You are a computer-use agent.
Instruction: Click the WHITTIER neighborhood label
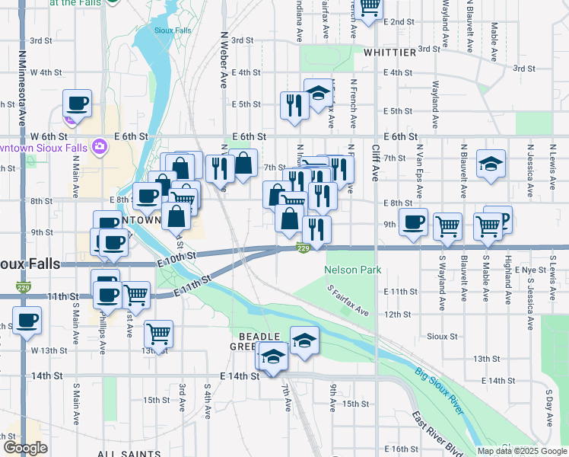[389, 53]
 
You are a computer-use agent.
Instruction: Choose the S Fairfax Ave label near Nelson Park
[348, 302]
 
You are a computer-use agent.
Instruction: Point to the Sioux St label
[441, 335]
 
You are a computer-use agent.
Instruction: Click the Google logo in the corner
[24, 448]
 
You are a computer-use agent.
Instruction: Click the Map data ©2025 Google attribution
[522, 451]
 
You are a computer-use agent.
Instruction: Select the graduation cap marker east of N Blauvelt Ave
[491, 162]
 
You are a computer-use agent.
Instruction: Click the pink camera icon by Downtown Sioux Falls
[98, 145]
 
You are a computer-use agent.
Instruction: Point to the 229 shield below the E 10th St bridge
[303, 249]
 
